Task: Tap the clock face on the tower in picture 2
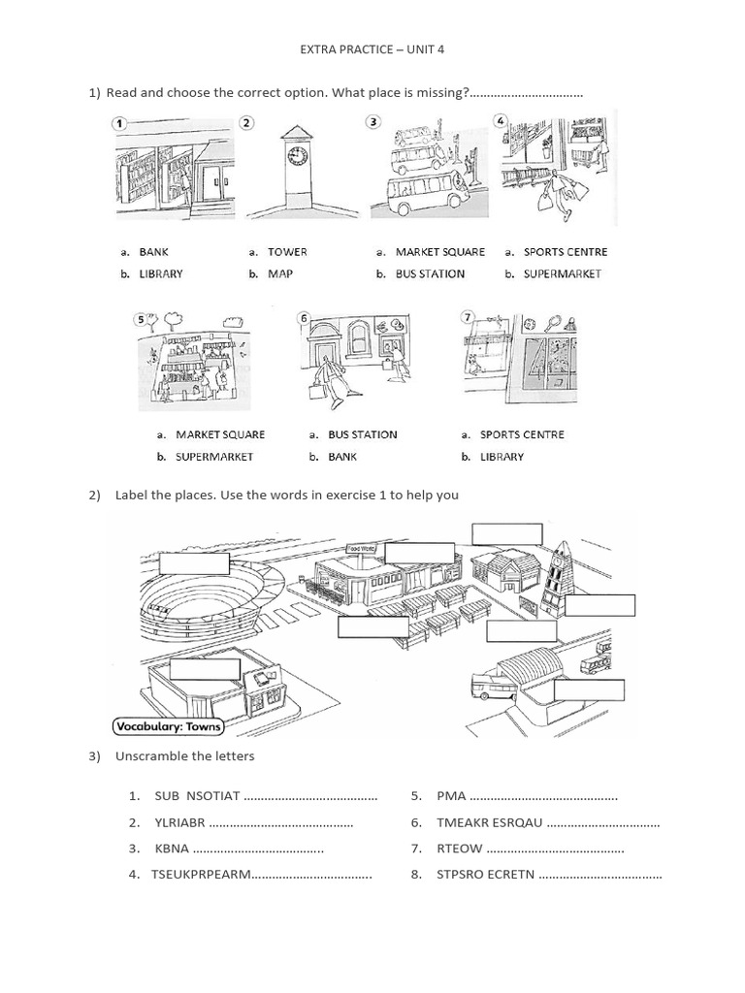(297, 157)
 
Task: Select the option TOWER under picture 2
(287, 252)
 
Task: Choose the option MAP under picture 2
(280, 274)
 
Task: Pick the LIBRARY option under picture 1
(161, 274)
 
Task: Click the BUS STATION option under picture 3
(430, 274)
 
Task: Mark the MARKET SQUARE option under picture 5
(220, 434)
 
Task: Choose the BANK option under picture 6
(342, 457)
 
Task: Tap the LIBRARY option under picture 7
(502, 457)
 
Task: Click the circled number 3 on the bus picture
(373, 122)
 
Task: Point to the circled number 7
(468, 317)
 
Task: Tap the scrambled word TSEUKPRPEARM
(201, 875)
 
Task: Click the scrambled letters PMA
(452, 796)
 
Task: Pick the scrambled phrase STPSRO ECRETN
(485, 875)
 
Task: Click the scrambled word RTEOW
(460, 849)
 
